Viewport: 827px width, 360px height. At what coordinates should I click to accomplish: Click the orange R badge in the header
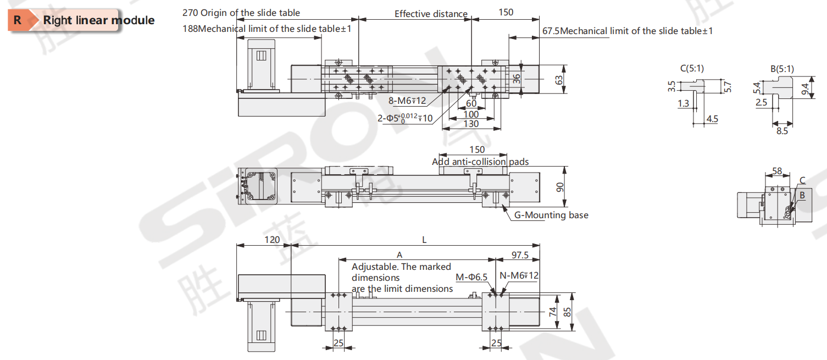18,20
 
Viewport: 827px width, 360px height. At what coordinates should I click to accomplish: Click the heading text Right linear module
99,20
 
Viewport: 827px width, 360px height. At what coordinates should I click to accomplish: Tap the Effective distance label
431,14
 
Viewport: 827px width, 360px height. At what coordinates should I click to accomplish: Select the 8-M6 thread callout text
407,101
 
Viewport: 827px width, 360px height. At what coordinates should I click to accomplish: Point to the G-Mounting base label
551,215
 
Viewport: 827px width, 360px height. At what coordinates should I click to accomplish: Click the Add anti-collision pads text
480,161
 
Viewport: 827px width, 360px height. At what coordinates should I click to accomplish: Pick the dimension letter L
424,240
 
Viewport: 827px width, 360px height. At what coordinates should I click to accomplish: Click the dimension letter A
399,254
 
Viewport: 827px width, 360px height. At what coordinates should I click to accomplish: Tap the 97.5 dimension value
519,254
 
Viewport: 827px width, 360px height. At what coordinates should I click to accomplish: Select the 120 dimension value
272,240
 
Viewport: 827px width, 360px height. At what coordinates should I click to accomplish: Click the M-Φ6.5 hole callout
471,277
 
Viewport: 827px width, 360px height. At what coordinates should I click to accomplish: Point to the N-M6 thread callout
519,275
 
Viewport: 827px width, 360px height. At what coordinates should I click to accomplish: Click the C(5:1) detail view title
692,68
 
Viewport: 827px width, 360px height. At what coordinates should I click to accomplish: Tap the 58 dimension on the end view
777,171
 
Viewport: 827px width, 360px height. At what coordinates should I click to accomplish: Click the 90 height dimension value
560,187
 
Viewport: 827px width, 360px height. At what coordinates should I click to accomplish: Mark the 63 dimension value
560,80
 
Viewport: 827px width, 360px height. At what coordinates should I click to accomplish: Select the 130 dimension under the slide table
471,124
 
